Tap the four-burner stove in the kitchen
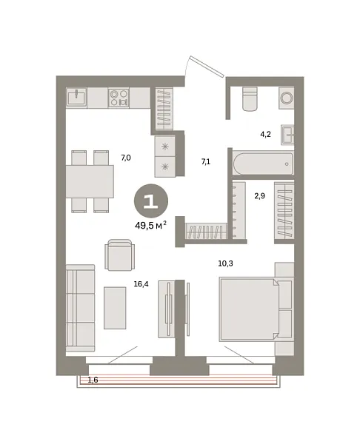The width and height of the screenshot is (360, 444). tap(119, 97)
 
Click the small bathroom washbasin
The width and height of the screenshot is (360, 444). tap(287, 134)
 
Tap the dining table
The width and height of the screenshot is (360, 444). tap(89, 181)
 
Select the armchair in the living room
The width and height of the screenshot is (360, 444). tap(121, 255)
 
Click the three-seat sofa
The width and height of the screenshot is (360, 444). tap(80, 307)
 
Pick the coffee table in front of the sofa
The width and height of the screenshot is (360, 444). tap(115, 307)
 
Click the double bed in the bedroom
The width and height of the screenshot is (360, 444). tap(250, 309)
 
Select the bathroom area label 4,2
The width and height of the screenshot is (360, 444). tap(264, 135)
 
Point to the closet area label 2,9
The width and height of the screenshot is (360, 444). tap(259, 195)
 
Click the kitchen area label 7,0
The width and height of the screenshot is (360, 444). tap(125, 158)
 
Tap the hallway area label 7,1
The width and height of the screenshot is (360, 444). tap(207, 161)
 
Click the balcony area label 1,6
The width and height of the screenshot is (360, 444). tap(93, 380)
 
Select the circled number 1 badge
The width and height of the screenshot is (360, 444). tap(150, 201)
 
